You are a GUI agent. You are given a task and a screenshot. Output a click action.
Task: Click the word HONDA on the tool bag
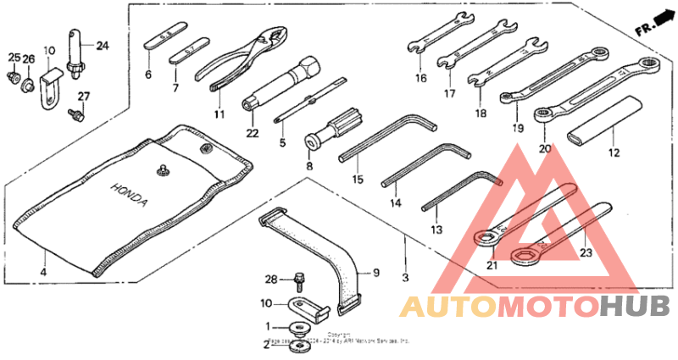click(x=130, y=196)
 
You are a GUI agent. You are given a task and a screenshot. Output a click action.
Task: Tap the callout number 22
click(x=252, y=132)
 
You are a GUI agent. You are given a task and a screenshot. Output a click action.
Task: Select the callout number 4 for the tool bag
click(x=43, y=273)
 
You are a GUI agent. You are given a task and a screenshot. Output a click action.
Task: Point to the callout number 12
click(x=614, y=153)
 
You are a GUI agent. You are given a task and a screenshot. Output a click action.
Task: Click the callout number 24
click(x=102, y=45)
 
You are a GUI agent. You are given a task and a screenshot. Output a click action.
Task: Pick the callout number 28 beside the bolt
click(x=270, y=279)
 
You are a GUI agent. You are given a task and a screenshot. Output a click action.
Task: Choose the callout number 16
click(x=420, y=79)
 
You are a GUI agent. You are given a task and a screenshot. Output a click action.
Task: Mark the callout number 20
click(x=543, y=147)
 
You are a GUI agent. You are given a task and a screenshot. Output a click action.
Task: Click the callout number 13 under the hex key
click(x=436, y=230)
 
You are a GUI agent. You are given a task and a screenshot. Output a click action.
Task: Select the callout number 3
click(x=405, y=277)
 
